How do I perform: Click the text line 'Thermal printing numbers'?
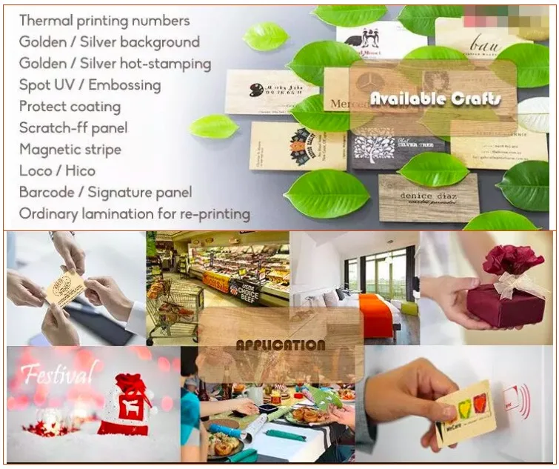tap(104, 21)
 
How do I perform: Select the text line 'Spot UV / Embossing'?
tap(90, 85)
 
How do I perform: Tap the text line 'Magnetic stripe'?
tap(70, 150)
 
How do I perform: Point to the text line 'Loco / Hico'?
tap(58, 171)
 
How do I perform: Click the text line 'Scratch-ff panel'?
tap(73, 128)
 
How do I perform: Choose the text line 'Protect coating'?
tap(70, 107)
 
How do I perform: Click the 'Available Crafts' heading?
tap(435, 99)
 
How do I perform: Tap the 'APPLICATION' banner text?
tap(280, 345)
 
